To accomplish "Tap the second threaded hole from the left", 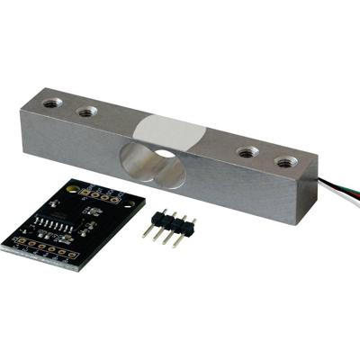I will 87,112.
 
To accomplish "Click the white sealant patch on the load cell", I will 171,131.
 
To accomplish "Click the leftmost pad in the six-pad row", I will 19,242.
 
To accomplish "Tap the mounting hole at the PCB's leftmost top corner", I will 70,184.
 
